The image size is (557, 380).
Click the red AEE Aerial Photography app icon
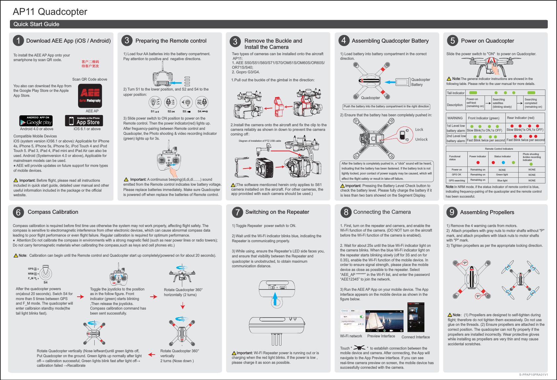pos(90,96)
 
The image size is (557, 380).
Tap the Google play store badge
pos(36,121)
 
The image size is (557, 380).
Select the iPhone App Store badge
pos(84,121)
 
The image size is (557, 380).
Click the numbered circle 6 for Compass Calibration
pos(19,212)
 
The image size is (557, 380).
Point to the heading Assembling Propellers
pos(487,212)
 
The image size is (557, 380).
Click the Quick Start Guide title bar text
pos(36,24)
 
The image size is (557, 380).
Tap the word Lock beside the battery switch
pos(419,130)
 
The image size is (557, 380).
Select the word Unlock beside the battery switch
pos(421,139)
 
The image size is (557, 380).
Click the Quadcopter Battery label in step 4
pos(420,82)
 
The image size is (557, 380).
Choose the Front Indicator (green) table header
pos(483,118)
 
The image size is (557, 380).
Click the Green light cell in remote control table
pos(502,175)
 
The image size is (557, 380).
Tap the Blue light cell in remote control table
pos(502,180)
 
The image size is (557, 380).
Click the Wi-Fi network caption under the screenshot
pos(351,336)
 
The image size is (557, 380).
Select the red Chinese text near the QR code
pos(90,64)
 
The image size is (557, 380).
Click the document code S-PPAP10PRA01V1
pos(533,375)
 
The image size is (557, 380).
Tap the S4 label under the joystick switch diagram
pos(46,283)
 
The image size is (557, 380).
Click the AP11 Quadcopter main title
pos(50,12)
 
